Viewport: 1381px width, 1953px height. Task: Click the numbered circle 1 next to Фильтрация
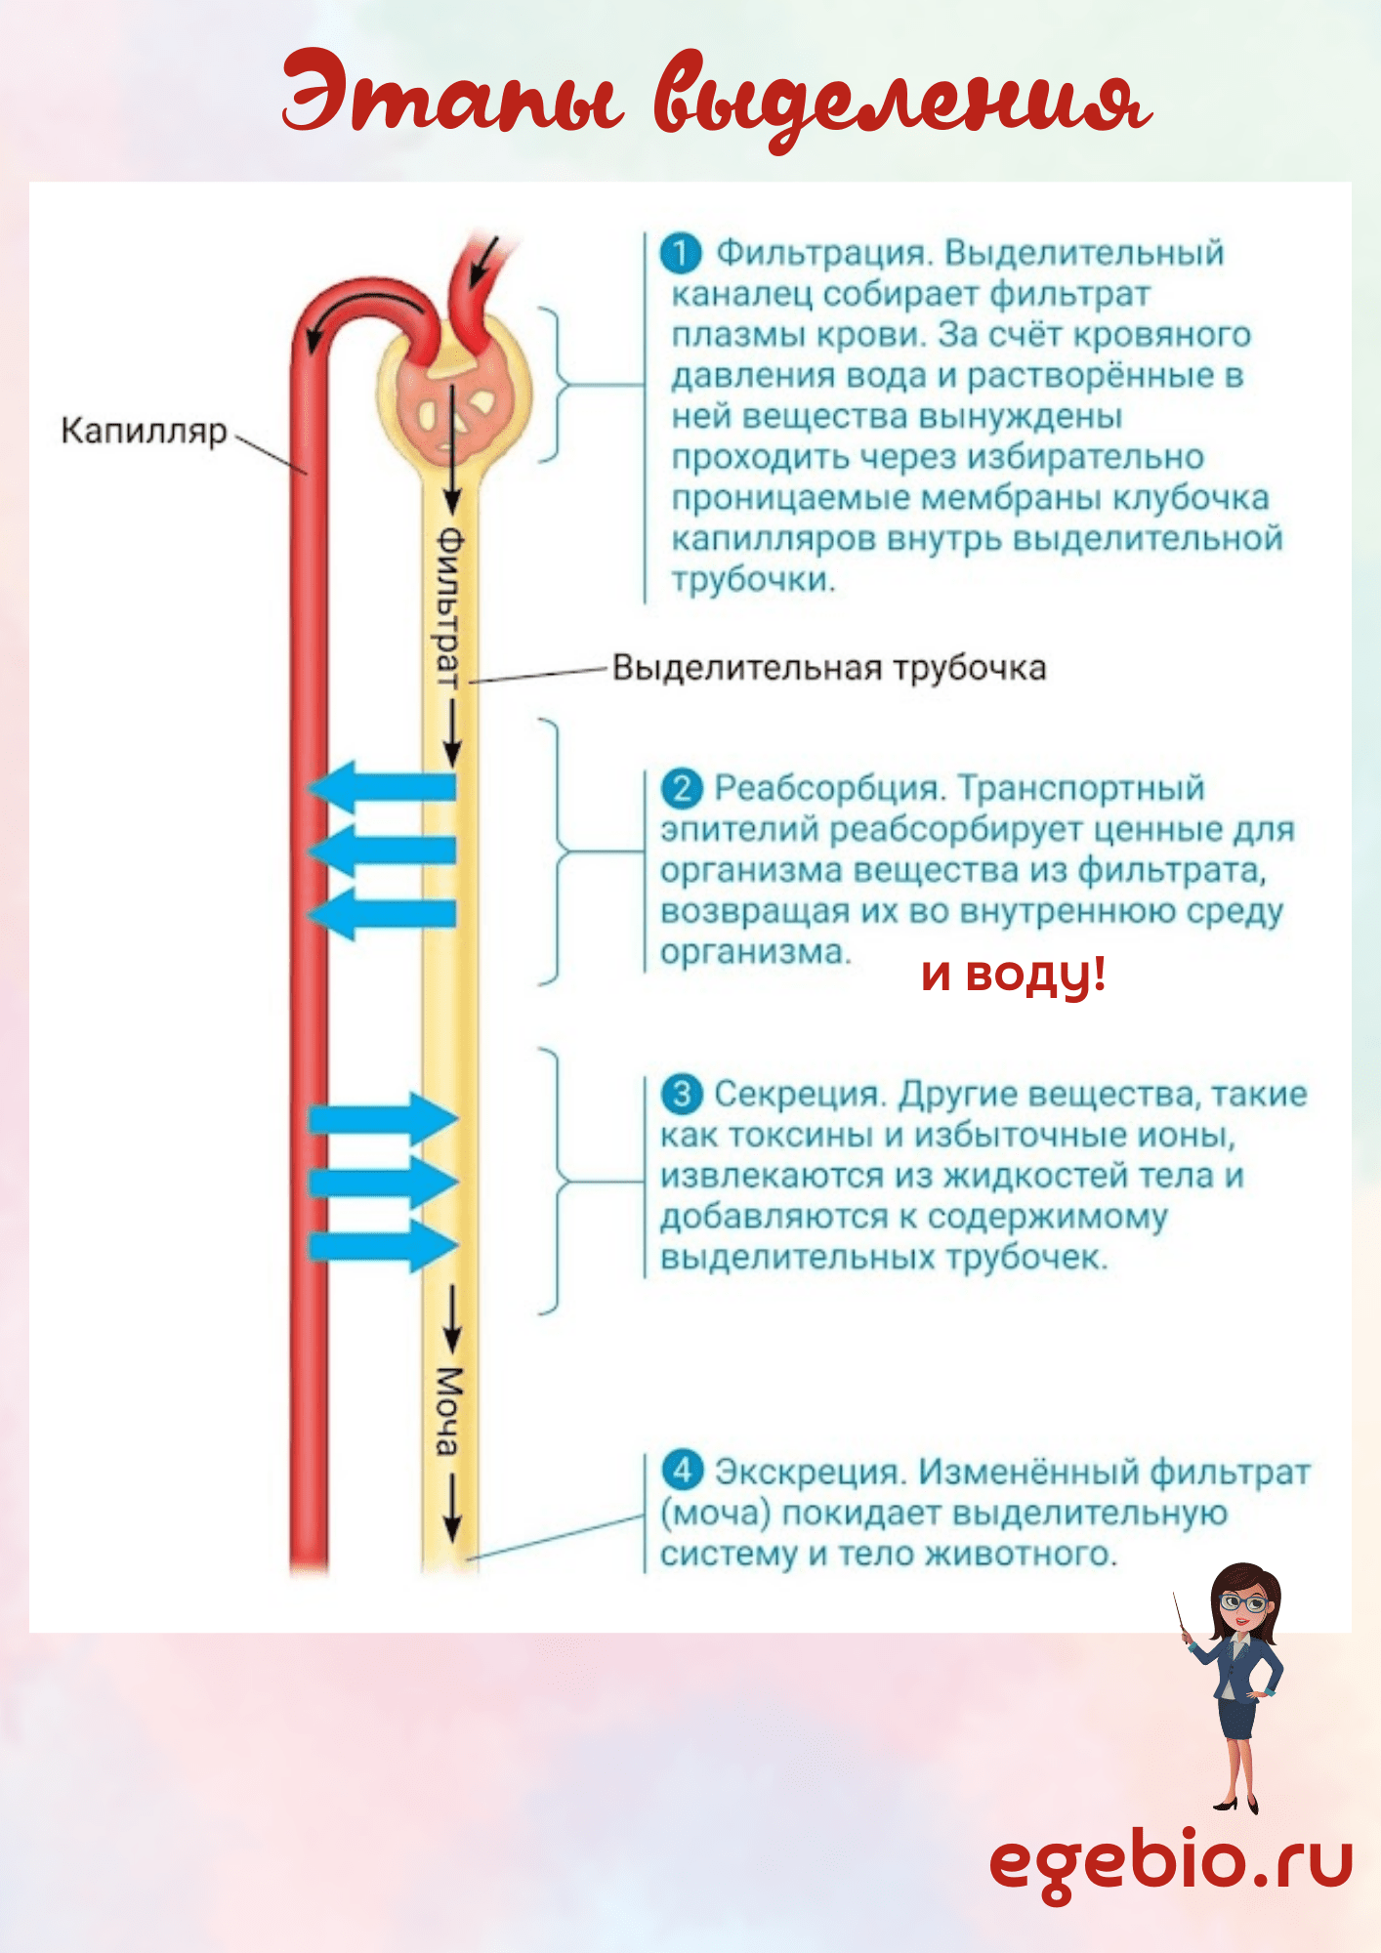pos(681,253)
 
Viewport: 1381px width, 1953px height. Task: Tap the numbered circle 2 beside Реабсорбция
pos(682,788)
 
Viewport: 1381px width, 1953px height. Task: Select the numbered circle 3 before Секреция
pos(682,1094)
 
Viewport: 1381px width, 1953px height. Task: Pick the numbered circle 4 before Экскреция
pos(682,1470)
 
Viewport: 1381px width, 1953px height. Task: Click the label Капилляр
pos(144,432)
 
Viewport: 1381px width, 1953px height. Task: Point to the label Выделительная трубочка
pos(829,668)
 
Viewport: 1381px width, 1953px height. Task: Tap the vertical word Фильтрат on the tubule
pos(447,608)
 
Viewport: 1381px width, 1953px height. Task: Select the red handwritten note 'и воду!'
pos(1014,975)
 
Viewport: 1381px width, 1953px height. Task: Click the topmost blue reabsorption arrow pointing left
pos(381,787)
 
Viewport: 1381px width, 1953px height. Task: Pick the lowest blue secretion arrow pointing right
pos(383,1246)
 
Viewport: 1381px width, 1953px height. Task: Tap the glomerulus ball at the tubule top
pos(455,395)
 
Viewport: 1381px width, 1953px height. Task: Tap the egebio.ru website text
pos(1171,1862)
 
